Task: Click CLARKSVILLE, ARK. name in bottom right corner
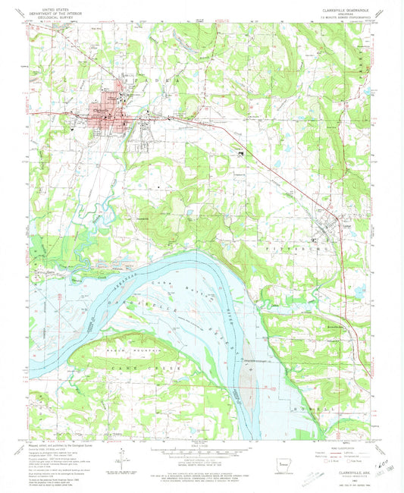342,473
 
